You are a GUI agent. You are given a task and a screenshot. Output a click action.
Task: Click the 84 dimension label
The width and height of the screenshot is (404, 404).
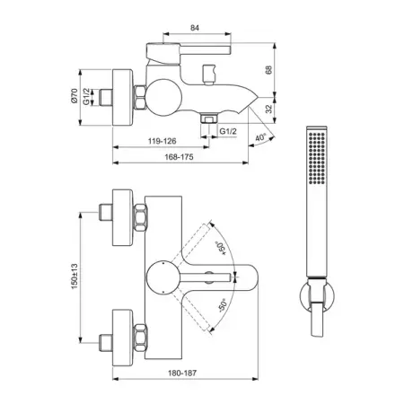[x=195, y=28]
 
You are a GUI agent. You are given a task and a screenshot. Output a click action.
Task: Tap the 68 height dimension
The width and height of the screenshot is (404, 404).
[x=268, y=70]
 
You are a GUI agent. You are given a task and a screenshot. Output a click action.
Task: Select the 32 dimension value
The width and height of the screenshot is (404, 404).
[x=269, y=109]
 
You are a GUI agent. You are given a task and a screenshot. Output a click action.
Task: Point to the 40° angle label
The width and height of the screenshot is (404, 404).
[x=260, y=137]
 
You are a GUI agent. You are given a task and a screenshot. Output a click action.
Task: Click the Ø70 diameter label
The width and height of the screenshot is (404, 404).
[x=75, y=96]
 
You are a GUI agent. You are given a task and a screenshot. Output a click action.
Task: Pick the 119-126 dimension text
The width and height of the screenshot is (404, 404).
[x=162, y=141]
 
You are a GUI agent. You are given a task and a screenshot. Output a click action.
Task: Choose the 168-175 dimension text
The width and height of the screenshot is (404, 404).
[x=179, y=157]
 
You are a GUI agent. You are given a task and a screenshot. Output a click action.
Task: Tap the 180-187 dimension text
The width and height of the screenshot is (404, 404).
[x=182, y=373]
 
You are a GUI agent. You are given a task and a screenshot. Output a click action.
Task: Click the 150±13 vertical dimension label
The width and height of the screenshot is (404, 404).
[x=75, y=277]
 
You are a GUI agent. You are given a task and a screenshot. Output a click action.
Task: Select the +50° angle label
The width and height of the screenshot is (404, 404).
[x=221, y=249]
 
